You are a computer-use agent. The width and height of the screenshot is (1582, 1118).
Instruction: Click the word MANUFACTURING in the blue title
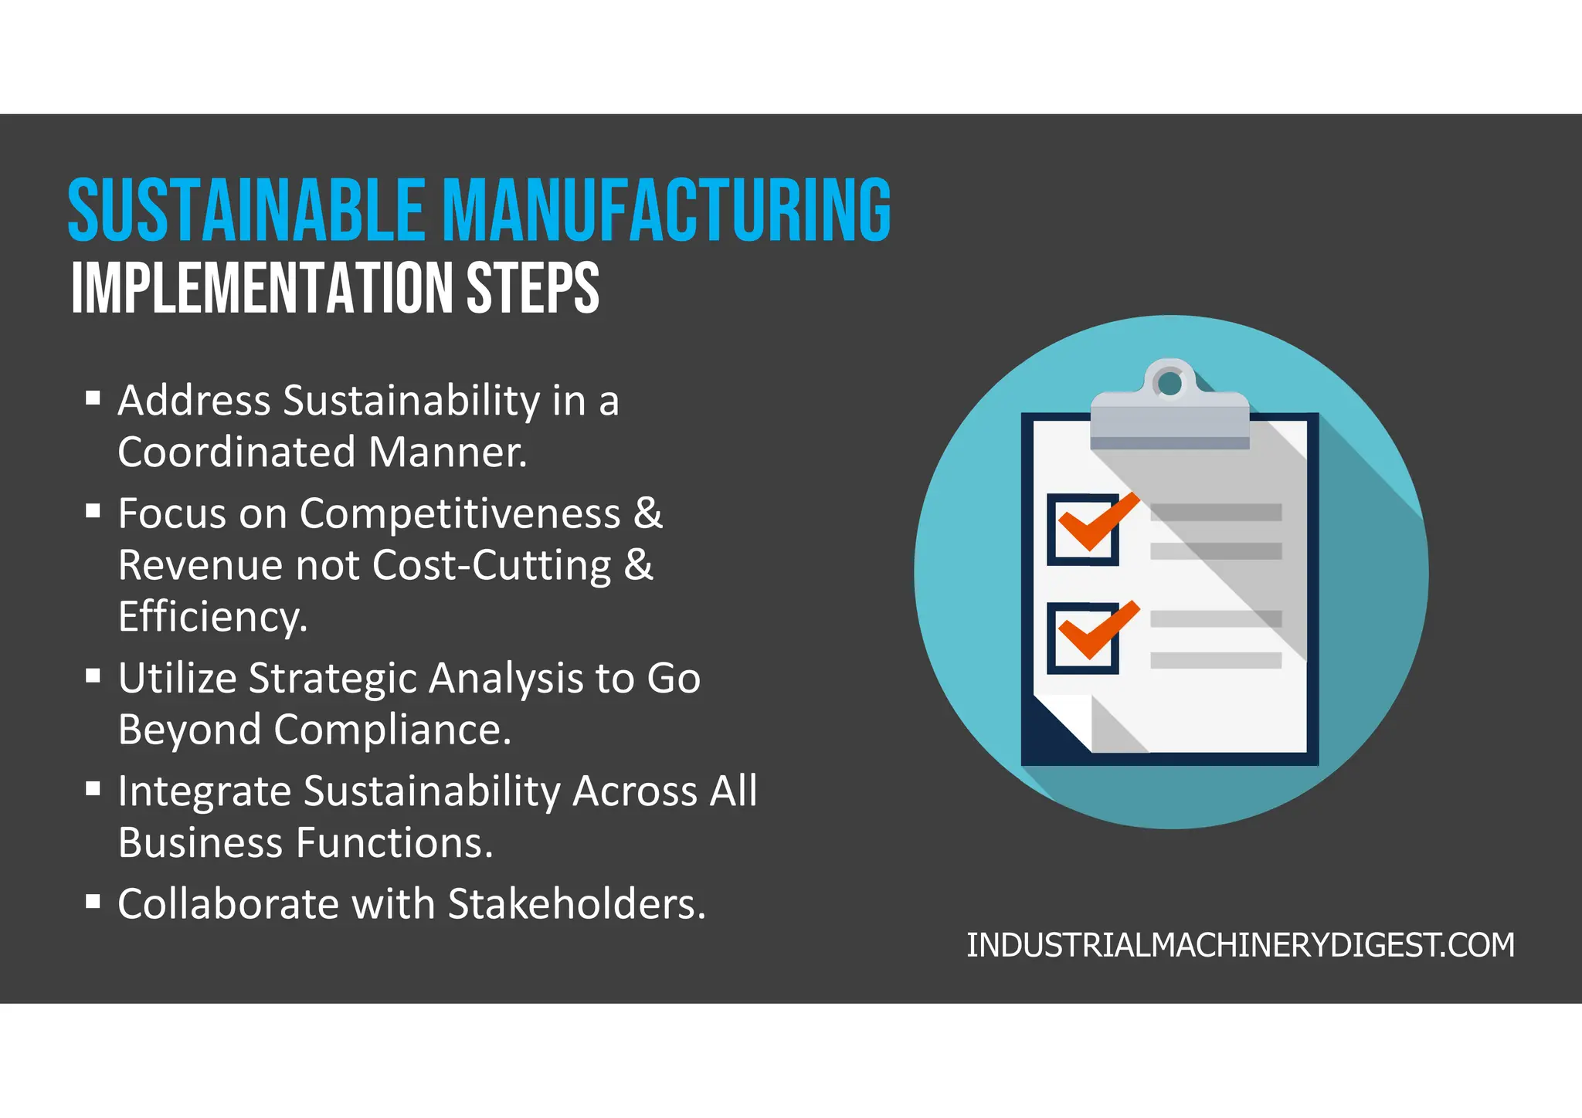(x=667, y=210)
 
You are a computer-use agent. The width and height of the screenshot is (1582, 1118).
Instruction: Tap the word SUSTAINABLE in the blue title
(x=246, y=210)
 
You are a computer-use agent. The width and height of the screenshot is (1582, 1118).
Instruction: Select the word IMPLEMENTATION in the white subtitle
(x=263, y=288)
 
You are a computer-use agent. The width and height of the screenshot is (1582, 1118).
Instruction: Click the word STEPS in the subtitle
(x=532, y=288)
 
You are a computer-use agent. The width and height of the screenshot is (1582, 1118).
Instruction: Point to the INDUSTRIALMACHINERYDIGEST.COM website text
(x=1241, y=946)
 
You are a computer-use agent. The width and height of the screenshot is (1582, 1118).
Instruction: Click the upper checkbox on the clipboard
(x=1083, y=530)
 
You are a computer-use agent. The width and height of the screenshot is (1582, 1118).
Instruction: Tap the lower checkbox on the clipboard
(x=1083, y=639)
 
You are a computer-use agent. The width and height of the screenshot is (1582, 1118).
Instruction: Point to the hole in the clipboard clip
(x=1170, y=383)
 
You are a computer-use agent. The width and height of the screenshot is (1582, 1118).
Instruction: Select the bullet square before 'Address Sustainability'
(x=93, y=398)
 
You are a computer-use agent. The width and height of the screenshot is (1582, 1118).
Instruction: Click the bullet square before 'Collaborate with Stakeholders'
(x=93, y=901)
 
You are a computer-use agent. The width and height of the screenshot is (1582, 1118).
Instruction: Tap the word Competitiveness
(x=460, y=513)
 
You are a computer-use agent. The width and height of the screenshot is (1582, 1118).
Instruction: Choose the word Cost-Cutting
(x=492, y=565)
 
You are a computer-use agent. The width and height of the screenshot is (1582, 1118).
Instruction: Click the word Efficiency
(x=212, y=617)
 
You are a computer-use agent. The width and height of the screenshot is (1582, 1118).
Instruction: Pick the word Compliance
(x=392, y=730)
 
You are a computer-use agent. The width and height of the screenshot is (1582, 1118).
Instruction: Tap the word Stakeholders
(x=576, y=904)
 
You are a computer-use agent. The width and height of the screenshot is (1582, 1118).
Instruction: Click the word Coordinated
(x=236, y=452)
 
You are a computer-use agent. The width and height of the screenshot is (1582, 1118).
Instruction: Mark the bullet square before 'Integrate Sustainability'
(x=93, y=788)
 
